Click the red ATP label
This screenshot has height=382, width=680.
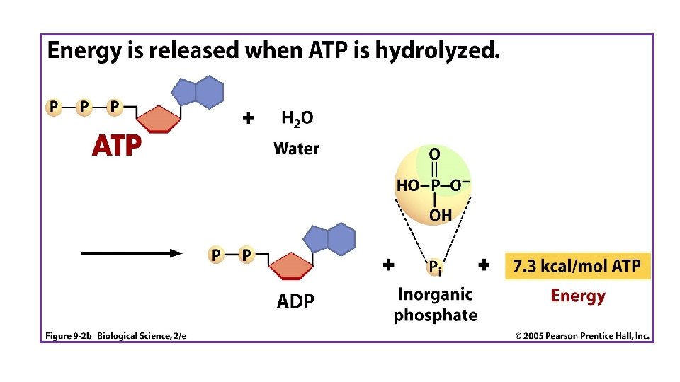(117, 146)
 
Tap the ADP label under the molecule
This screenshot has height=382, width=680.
(295, 302)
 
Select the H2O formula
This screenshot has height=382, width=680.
(297, 119)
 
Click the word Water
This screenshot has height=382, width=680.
(296, 149)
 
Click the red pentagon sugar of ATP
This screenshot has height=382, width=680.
(159, 118)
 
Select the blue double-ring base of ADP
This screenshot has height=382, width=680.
(330, 240)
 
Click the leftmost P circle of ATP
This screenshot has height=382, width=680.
(53, 107)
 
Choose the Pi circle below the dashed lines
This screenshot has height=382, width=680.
(436, 267)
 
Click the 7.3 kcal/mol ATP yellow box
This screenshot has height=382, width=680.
(577, 267)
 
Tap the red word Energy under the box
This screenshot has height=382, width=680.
(578, 296)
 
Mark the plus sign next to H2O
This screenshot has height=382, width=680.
(248, 118)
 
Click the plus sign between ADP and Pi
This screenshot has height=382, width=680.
(388, 265)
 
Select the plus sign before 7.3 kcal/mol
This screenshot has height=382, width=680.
(484, 265)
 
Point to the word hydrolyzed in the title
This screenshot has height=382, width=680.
(438, 51)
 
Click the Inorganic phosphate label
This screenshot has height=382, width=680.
(435, 304)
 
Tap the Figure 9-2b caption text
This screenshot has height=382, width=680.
(116, 336)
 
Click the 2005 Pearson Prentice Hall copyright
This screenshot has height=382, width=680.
(582, 336)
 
